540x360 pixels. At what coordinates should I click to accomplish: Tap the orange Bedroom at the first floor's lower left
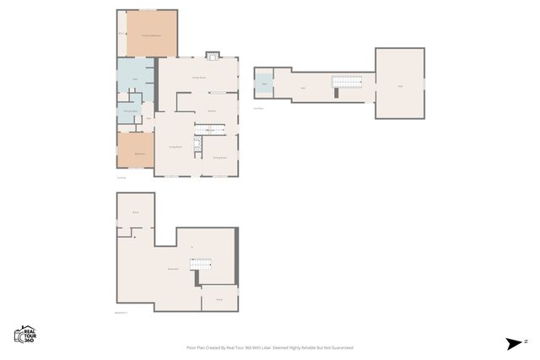pyautogui.click(x=135, y=152)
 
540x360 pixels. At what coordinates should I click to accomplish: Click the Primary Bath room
pyautogui.click(x=131, y=110)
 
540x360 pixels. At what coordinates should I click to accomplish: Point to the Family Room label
pyautogui.click(x=199, y=78)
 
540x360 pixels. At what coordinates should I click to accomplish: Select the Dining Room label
pyautogui.click(x=217, y=158)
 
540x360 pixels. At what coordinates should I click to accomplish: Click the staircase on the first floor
pyautogui.click(x=210, y=128)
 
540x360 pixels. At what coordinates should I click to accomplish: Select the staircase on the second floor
pyautogui.click(x=346, y=82)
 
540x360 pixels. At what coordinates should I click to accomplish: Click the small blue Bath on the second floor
pyautogui.click(x=263, y=84)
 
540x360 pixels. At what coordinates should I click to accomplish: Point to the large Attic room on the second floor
pyautogui.click(x=400, y=85)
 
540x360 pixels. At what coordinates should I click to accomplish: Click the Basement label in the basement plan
pyautogui.click(x=173, y=269)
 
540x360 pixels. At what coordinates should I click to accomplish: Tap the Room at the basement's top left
pyautogui.click(x=135, y=212)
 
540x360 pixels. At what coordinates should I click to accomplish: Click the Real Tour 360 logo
pyautogui.click(x=24, y=333)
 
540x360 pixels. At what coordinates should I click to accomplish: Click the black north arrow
pyautogui.click(x=514, y=342)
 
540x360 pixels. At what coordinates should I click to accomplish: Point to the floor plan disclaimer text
pyautogui.click(x=269, y=347)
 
